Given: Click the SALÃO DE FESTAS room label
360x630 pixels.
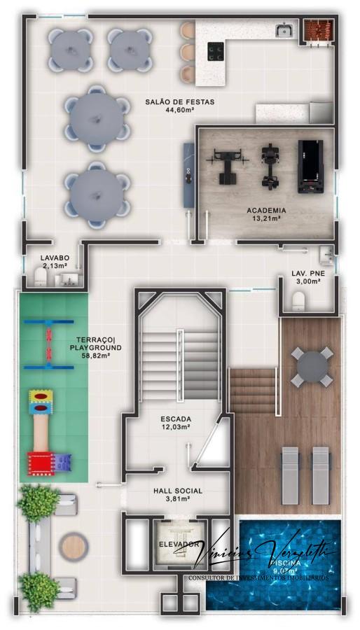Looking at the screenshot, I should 179,101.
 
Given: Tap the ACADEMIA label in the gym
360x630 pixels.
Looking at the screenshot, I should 265,210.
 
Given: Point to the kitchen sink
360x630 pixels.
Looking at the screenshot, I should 284,31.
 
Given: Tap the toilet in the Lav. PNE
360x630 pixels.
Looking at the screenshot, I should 298,301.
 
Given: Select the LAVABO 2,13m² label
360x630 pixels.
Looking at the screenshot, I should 54,262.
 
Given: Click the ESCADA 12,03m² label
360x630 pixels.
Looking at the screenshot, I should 175,423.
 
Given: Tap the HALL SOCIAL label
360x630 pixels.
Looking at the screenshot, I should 178,491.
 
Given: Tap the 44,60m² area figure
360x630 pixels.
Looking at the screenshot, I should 179,110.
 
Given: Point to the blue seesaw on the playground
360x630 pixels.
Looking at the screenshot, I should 50,344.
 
